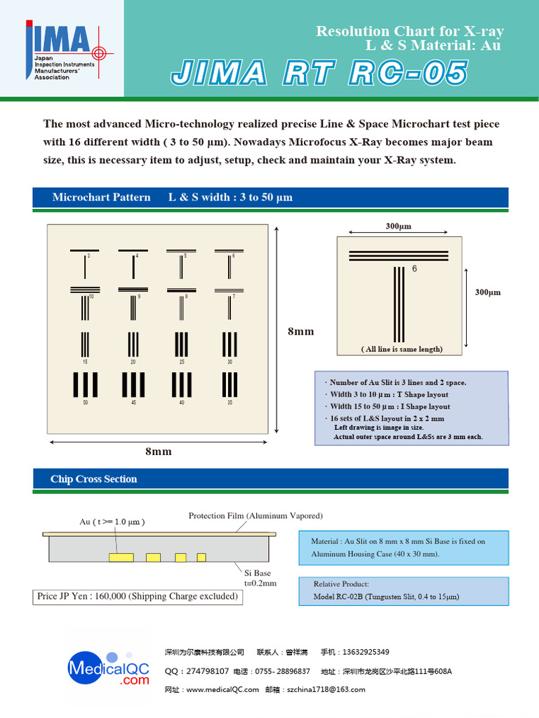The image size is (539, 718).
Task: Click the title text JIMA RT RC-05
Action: [318, 74]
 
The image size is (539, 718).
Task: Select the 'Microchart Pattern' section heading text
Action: [101, 198]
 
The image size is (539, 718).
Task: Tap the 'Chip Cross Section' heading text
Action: [93, 480]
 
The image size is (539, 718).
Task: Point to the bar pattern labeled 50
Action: [86, 385]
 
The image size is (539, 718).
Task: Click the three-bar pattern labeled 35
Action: [229, 385]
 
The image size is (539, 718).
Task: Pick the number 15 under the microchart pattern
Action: [85, 362]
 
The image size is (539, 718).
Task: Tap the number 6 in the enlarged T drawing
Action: [414, 269]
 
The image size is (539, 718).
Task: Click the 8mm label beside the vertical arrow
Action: [300, 331]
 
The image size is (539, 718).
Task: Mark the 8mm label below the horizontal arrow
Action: [158, 452]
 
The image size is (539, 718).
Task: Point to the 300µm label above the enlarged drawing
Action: [398, 226]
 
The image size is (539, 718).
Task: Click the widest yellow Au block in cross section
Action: [121, 557]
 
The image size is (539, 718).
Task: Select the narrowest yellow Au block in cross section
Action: [201, 557]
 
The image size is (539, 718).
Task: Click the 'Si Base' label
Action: [257, 573]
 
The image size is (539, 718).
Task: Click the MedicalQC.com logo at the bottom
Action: [109, 670]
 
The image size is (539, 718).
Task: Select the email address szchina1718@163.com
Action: [324, 690]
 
